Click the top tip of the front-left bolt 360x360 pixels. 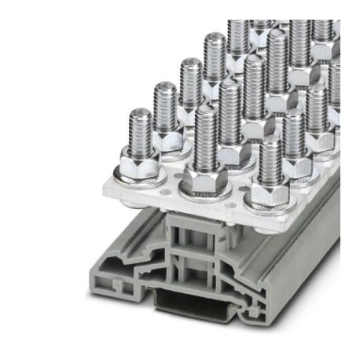pyautogui.click(x=141, y=113)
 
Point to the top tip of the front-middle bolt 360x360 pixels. pyautogui.click(x=205, y=112)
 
